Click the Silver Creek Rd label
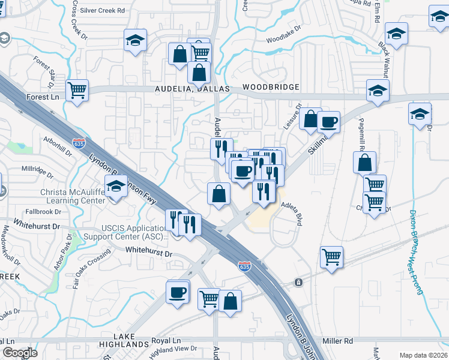[103, 10]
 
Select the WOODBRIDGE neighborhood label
[271, 87]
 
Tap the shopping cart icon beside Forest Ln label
[77, 91]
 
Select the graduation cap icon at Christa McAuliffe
[115, 188]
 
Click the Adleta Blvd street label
[292, 212]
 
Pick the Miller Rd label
[337, 341]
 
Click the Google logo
[20, 353]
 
